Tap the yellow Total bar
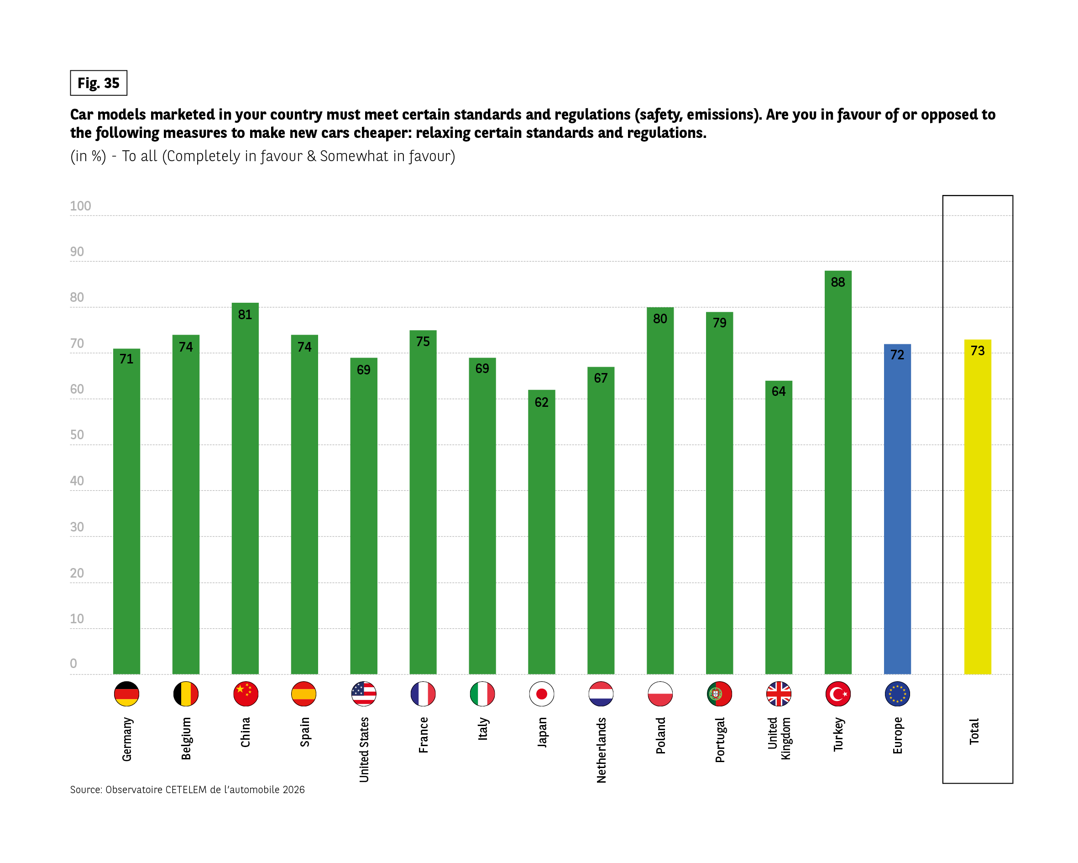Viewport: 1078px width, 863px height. [x=978, y=510]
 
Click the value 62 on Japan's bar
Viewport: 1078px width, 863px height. [x=541, y=402]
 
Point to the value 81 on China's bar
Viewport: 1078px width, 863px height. [x=245, y=315]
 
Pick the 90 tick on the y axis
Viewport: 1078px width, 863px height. [x=77, y=252]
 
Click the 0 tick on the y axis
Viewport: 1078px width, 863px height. [x=73, y=663]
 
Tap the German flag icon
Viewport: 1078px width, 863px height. [x=126, y=694]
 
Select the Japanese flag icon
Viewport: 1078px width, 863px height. [x=541, y=694]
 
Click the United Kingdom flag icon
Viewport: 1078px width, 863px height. [x=779, y=694]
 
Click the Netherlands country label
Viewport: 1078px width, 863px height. [x=601, y=750]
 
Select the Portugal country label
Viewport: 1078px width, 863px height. [x=719, y=740]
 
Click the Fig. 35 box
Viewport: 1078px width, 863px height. [x=99, y=83]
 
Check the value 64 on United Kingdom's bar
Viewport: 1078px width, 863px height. [x=779, y=391]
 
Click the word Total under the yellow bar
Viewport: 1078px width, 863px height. [x=974, y=731]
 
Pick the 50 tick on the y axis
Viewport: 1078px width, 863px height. [x=77, y=435]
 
